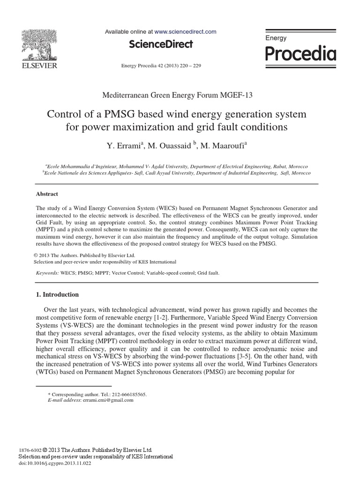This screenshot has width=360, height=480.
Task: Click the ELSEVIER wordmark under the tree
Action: coord(37,66)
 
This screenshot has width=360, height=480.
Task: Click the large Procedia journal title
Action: coord(300,54)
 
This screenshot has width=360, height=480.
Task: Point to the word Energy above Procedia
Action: coord(276,38)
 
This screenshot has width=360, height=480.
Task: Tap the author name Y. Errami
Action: coord(123,147)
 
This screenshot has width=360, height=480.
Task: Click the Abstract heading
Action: coord(47,194)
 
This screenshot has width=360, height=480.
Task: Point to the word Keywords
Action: coord(47,272)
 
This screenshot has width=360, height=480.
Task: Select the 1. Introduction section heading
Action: coord(58,295)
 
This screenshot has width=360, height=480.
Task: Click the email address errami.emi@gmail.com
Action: coord(108,400)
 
